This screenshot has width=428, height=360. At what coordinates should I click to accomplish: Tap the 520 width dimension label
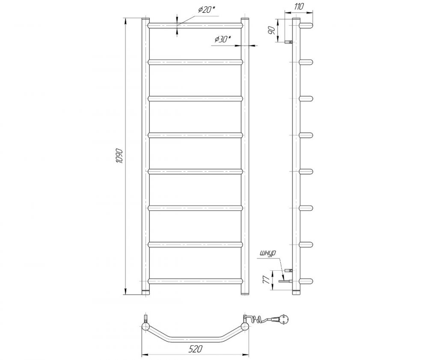(x=196, y=348)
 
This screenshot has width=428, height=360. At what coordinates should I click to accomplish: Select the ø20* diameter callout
(x=207, y=10)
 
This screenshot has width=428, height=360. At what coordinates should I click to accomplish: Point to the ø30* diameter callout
(x=223, y=39)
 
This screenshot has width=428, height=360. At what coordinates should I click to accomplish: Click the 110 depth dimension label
(x=299, y=6)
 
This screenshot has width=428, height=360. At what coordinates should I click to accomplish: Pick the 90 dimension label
(x=271, y=30)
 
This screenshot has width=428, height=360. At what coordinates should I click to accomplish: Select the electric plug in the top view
(x=280, y=319)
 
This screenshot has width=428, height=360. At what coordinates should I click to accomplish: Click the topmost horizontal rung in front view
(x=195, y=26)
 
